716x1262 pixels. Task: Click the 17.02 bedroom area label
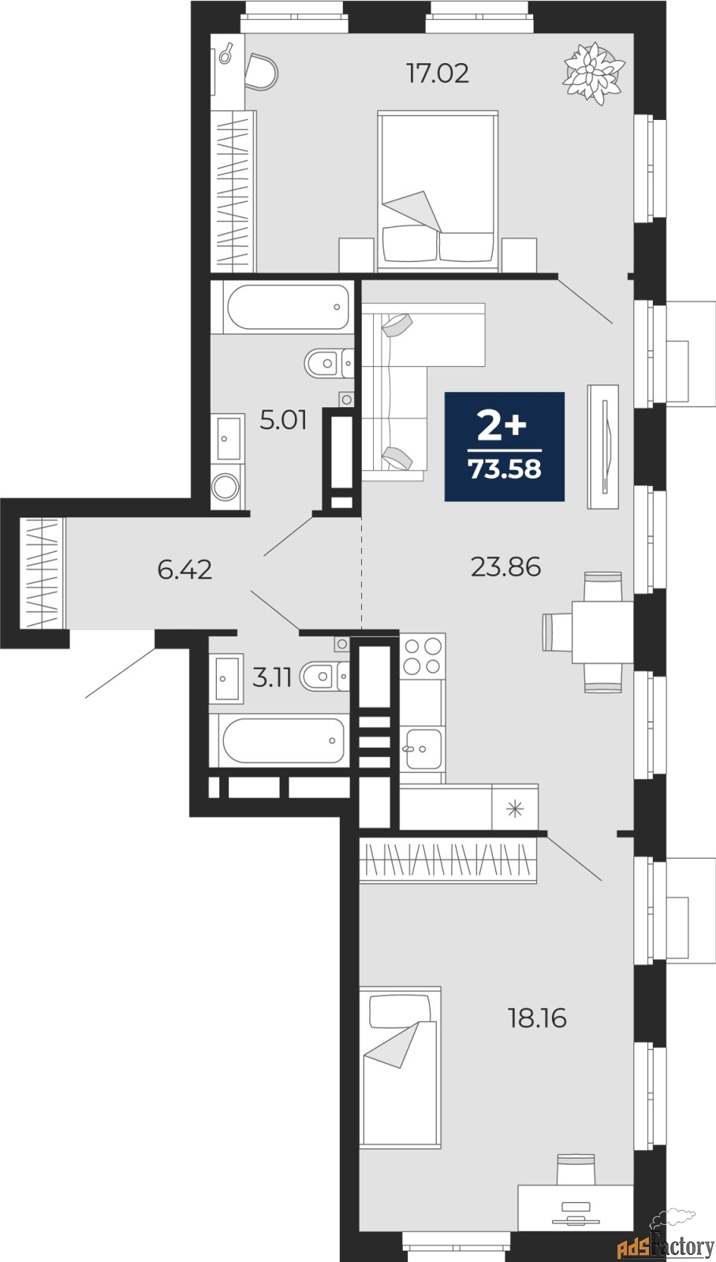point(437,73)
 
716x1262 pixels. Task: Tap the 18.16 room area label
point(537,1017)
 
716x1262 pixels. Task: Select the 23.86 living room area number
point(505,566)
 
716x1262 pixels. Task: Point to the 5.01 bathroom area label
point(283,420)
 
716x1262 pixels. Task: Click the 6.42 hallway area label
point(185,569)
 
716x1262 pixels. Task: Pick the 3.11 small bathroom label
point(272,677)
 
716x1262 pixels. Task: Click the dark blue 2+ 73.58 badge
point(505,446)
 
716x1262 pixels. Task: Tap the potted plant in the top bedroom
point(595,73)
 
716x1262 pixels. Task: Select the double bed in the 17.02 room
point(438,189)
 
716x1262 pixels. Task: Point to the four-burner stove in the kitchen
point(423,656)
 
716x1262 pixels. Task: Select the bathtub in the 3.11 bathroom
point(282,741)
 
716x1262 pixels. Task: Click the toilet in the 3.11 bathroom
point(323,676)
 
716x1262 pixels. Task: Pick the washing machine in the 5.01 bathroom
point(226,486)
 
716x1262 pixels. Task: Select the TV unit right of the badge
point(603,446)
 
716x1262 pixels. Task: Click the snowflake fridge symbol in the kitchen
point(515,808)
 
